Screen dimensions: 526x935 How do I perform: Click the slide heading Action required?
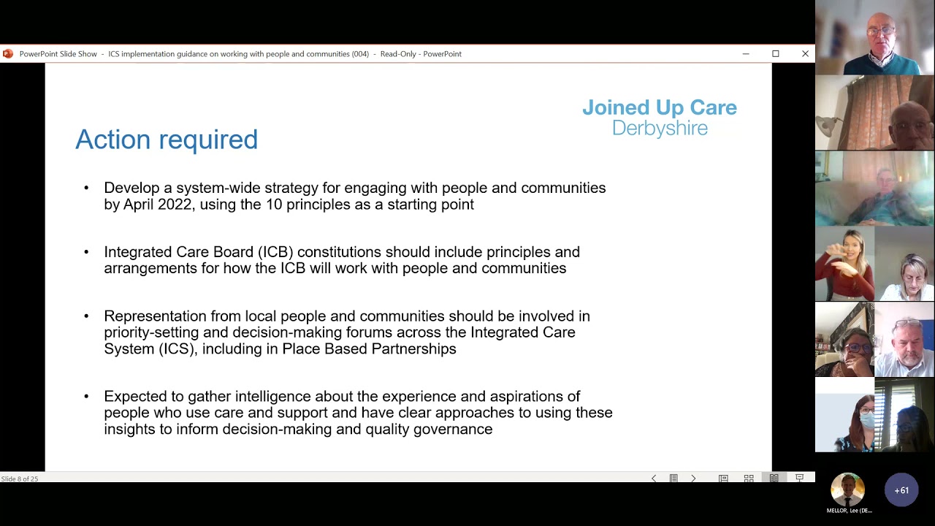coord(167,140)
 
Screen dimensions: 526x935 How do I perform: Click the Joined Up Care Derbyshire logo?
coord(659,117)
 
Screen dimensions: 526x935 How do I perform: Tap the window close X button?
coord(805,53)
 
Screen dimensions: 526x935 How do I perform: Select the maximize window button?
coord(775,53)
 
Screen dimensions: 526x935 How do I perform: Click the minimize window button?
coord(745,53)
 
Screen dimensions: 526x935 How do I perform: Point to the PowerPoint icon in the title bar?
coord(8,53)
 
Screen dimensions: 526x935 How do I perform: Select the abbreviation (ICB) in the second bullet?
coord(275,252)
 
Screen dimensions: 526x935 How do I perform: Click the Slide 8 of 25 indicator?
coord(20,479)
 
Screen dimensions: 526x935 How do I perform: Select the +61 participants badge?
coord(901,490)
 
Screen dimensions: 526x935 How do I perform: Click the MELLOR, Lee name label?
coord(849,511)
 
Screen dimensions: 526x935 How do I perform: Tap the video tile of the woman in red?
coord(845,264)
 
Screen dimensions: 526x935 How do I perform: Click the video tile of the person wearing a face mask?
coord(845,415)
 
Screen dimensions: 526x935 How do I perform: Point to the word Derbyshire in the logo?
coord(660,129)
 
